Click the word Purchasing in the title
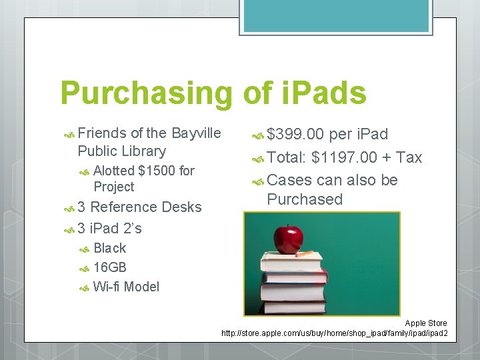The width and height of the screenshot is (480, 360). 146,94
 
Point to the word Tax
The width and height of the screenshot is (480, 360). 409,157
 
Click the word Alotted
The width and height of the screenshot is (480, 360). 114,171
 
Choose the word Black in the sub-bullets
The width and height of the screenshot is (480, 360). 109,249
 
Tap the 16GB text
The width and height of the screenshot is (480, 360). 110,268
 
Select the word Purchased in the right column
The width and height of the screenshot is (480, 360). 304,199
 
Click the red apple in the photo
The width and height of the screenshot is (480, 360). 289,237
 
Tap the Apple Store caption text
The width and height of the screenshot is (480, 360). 425,323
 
